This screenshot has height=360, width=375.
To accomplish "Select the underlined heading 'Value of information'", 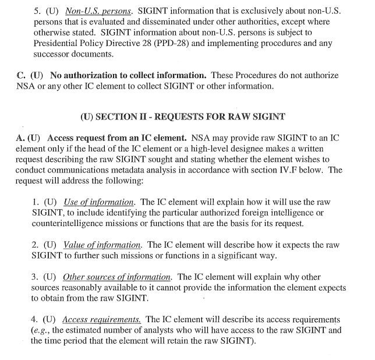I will [x=102, y=245].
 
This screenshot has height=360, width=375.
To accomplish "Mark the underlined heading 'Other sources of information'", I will [x=117, y=277].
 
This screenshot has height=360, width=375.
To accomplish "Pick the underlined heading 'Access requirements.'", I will [x=101, y=320].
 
